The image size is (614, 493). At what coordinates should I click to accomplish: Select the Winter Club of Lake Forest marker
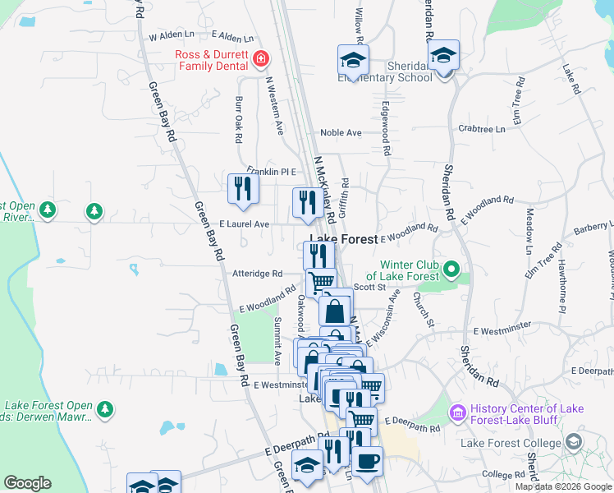tap(451, 269)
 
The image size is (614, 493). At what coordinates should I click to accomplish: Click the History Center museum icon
tap(457, 410)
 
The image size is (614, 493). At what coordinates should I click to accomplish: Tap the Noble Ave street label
tap(341, 132)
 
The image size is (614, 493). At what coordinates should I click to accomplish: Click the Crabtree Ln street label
tap(482, 129)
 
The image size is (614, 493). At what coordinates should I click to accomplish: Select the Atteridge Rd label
tap(257, 274)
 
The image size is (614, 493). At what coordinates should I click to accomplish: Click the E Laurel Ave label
tap(244, 223)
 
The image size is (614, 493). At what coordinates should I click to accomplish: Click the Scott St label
tap(370, 287)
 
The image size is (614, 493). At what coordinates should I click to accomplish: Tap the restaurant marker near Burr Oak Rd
tap(243, 188)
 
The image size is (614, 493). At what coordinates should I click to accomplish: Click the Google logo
tap(27, 483)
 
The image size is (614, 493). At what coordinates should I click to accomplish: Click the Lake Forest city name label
tap(343, 239)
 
